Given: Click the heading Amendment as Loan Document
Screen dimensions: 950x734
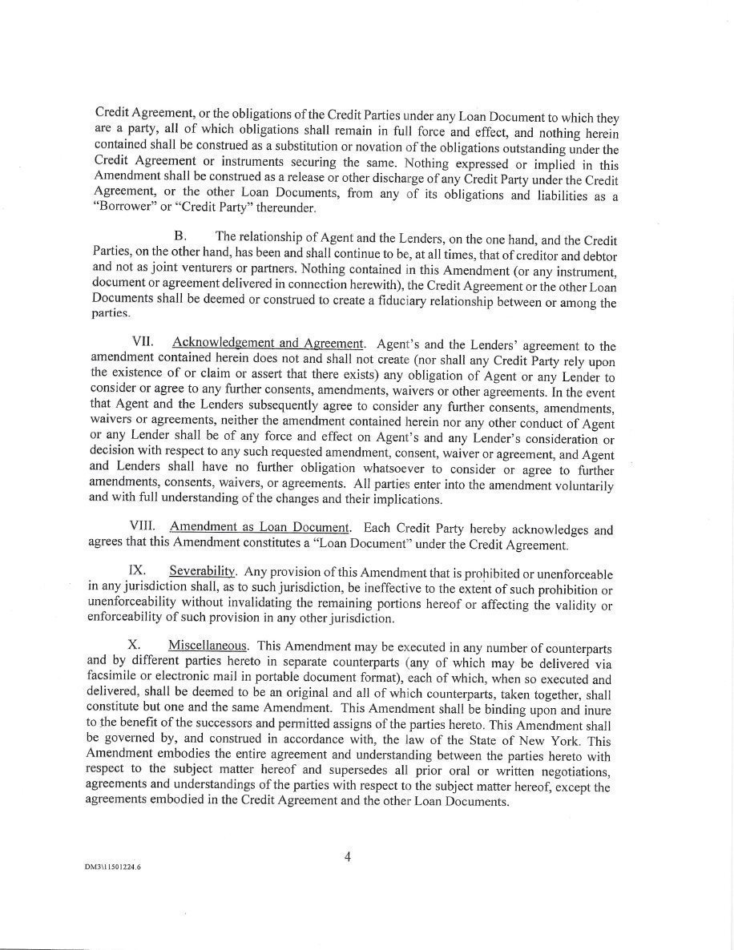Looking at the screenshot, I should (260, 529).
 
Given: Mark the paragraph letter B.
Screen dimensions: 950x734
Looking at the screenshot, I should (180, 236).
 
